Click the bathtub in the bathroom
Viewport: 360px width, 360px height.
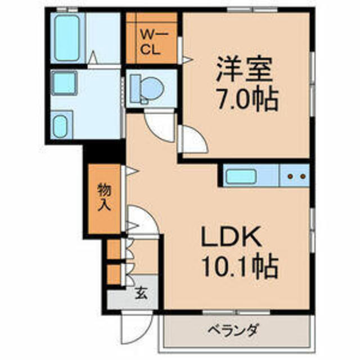67,38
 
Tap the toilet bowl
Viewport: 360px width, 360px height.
152,88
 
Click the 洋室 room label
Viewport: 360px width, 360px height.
244,69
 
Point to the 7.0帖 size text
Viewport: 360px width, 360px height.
247,98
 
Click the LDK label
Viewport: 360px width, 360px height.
231,236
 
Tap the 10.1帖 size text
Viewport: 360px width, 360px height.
240,265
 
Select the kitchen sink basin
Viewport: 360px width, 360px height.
241,177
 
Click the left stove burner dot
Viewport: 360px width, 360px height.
290,176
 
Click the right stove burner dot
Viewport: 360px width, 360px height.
303,176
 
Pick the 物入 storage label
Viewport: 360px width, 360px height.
105,197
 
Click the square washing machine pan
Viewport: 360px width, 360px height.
64,83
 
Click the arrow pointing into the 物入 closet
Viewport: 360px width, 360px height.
132,171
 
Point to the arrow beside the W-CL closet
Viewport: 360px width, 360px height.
187,60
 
